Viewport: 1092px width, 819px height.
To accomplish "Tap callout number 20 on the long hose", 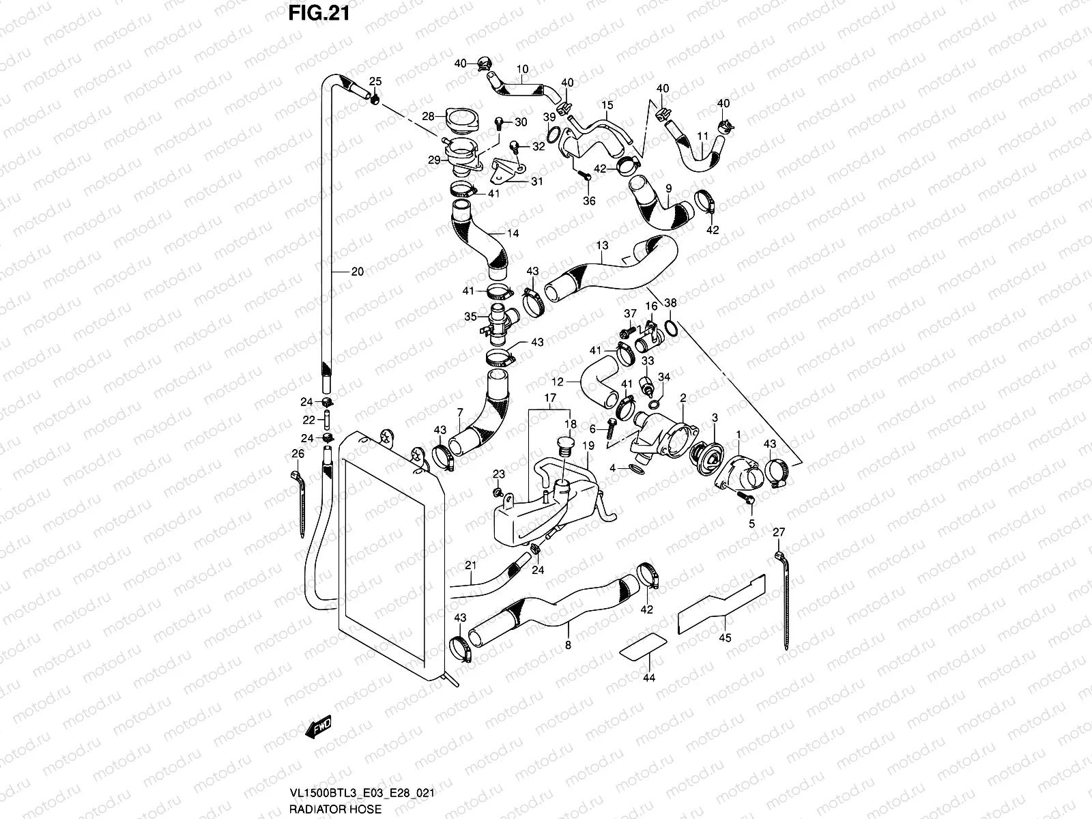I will point(358,272).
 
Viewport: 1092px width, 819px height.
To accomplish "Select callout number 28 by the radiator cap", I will point(428,116).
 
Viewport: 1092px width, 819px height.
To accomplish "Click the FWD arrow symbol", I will point(319,728).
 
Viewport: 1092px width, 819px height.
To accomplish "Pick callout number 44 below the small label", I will point(649,678).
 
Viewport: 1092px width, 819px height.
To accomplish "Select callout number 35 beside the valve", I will point(470,317).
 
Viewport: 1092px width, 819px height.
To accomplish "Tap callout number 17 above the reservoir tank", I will point(550,397).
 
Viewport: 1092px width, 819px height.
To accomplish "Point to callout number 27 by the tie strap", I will point(779,532).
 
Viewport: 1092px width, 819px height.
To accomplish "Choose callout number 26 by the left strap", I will point(298,453).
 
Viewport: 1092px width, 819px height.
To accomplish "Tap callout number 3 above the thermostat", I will point(715,417).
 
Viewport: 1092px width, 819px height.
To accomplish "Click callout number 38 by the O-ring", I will point(671,302).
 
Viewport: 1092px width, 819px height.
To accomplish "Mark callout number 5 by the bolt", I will point(751,524).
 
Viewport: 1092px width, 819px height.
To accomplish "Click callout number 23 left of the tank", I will point(499,474).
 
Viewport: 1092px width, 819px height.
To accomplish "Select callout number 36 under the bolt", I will point(589,201).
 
